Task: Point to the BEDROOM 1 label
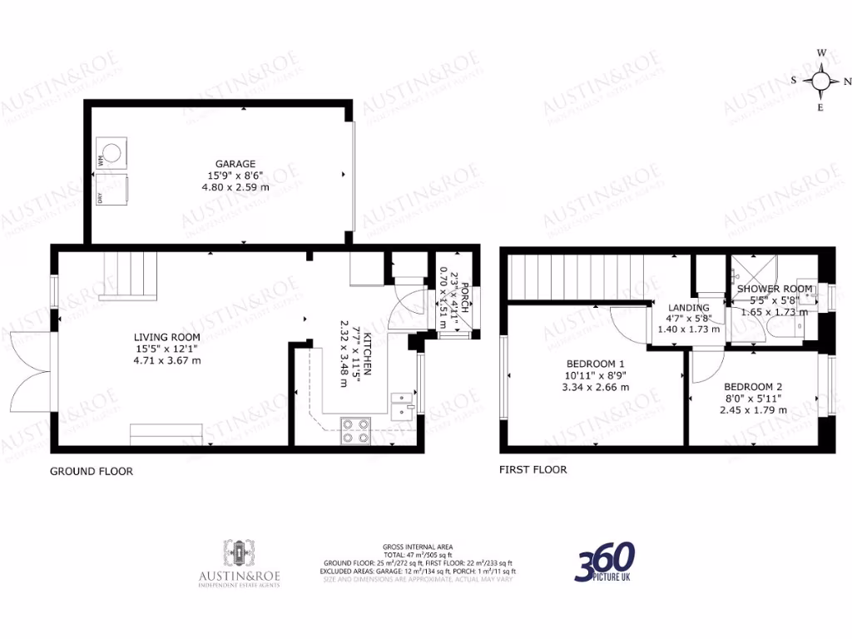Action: click(x=595, y=364)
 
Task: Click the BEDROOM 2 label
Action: click(x=753, y=387)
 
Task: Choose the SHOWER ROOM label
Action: click(x=768, y=289)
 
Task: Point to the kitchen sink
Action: click(x=402, y=404)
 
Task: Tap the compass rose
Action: click(x=821, y=81)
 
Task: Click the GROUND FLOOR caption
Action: click(x=92, y=471)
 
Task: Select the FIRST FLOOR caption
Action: click(x=532, y=469)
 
